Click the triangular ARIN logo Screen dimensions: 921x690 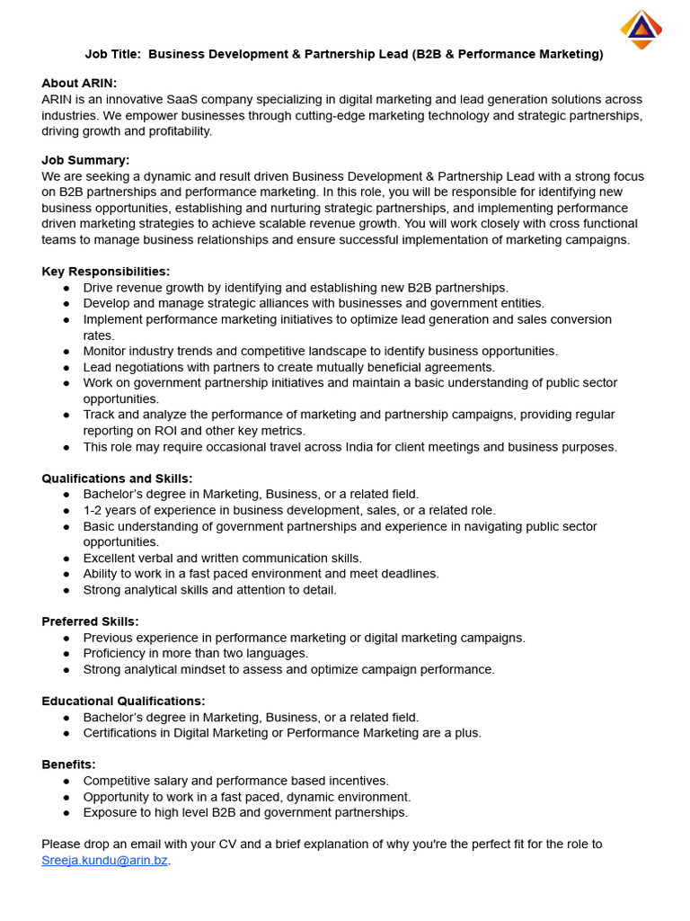point(641,29)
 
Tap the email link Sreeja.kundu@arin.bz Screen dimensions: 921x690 point(104,861)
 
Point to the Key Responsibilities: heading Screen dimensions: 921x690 point(105,272)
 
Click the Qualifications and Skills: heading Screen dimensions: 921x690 point(117,478)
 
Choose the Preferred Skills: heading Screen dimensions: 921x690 point(90,621)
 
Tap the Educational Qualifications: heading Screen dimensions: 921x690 point(123,701)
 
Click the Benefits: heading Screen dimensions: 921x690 point(68,765)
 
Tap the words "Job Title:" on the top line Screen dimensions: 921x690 point(112,54)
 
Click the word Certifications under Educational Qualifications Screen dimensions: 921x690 point(123,733)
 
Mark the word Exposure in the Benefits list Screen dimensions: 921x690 point(110,812)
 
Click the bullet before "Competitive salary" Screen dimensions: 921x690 point(67,782)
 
